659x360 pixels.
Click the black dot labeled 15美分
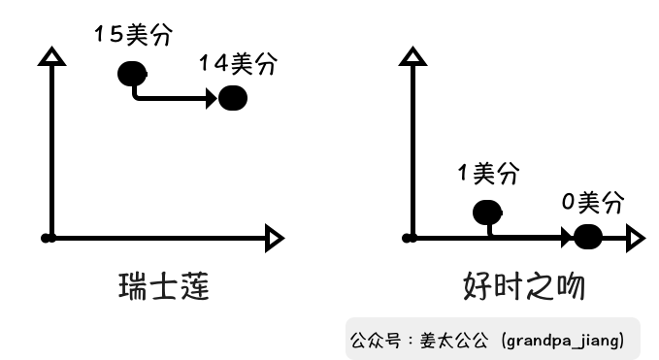pos(132,73)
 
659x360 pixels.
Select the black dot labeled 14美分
pos(233,98)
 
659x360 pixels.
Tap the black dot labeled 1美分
pos(487,213)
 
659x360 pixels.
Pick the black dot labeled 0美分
pos(588,237)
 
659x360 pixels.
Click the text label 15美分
pos(133,36)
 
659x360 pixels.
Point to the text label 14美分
pos(238,64)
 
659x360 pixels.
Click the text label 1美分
pos(488,175)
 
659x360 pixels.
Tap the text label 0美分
pos(592,203)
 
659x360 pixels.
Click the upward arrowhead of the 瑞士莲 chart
pos(52,55)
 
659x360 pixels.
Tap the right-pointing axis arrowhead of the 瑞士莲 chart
pos(274,237)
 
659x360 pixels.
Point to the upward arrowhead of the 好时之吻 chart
pos(412,55)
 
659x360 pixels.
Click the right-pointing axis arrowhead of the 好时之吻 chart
pos(635,237)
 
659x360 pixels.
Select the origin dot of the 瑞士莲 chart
pos(49,237)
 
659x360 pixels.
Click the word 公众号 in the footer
pos(371,342)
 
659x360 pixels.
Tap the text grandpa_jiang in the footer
pos(562,342)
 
